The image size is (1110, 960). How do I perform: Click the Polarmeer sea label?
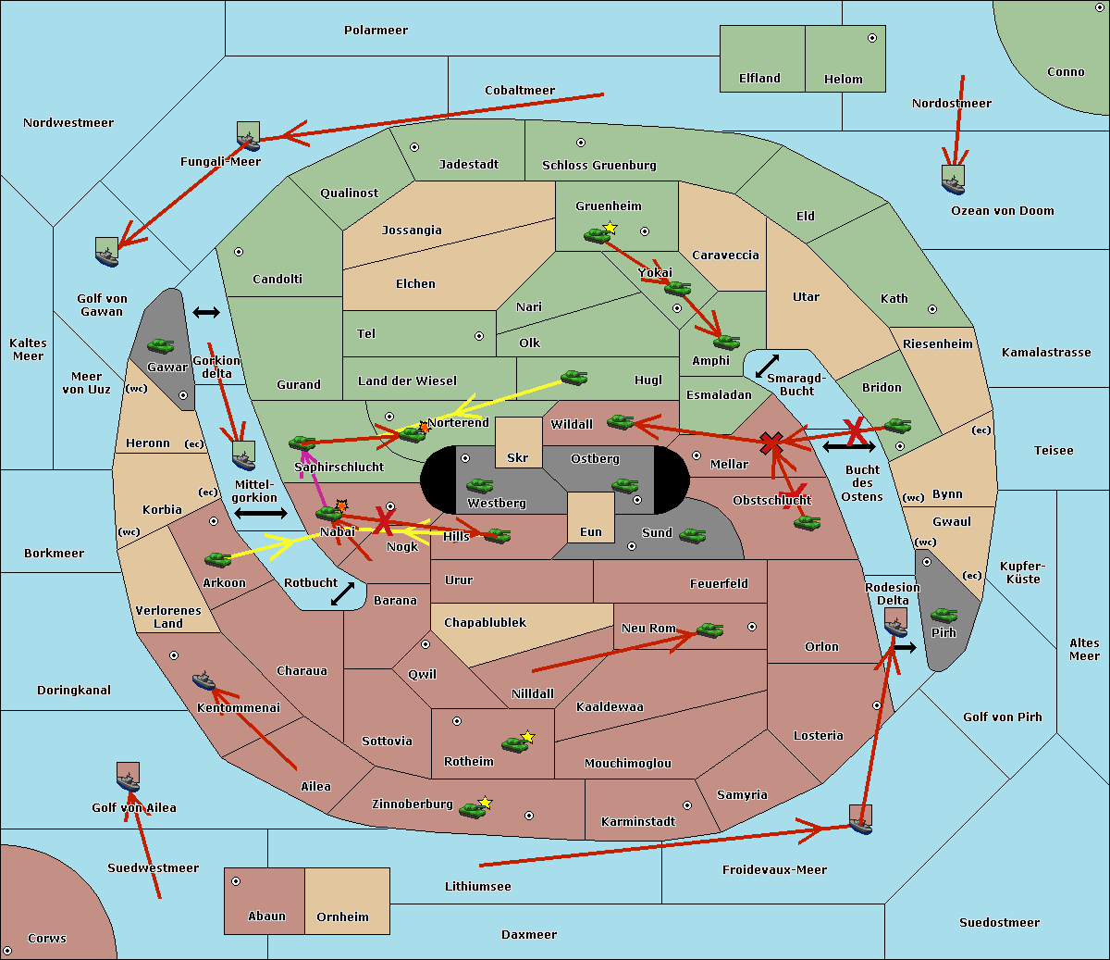[376, 31]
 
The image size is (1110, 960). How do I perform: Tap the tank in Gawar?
[161, 346]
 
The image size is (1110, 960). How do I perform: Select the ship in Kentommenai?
[204, 682]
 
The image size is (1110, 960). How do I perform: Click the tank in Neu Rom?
[709, 630]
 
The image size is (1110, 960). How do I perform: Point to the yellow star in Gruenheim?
[610, 227]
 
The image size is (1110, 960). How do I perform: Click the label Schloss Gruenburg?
[598, 166]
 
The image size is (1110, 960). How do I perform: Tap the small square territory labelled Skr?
[518, 443]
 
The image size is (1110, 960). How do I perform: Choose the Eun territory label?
[590, 532]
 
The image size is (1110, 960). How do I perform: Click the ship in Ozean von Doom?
[953, 180]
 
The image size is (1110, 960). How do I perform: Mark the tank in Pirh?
[943, 616]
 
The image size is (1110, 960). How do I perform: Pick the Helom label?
[843, 80]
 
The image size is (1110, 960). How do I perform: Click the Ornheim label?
[342, 917]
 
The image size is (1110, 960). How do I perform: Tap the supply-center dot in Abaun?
[236, 881]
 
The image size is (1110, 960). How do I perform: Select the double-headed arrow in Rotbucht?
[343, 594]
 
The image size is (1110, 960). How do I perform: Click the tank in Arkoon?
[218, 559]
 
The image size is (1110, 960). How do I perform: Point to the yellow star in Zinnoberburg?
[485, 803]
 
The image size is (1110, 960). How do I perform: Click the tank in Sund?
[693, 535]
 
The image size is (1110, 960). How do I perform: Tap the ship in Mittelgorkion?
[243, 455]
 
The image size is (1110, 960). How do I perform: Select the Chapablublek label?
[485, 623]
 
